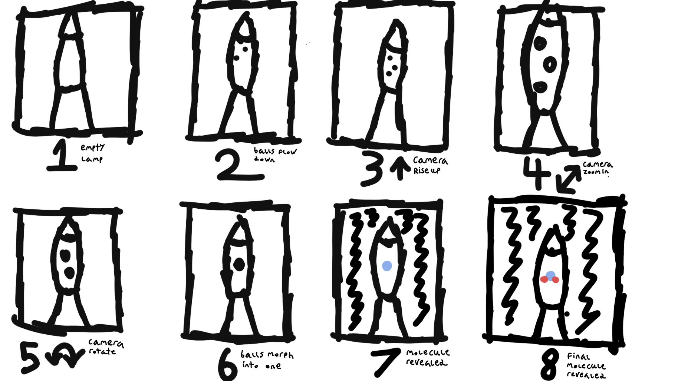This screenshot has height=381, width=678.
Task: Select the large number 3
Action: point(372,168)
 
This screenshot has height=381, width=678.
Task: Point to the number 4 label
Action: point(537,173)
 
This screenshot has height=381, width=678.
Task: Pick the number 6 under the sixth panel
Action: point(228,365)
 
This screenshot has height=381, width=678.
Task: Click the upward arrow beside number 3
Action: point(400,168)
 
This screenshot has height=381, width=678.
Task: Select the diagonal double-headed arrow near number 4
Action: point(569,179)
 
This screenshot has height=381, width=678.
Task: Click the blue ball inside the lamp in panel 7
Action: point(387,266)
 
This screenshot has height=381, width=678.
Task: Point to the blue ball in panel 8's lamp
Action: point(550,275)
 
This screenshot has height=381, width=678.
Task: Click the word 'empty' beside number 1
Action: point(93,148)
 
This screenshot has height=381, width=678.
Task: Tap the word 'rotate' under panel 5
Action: point(102,351)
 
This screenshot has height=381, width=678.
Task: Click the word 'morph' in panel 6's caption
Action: point(280,355)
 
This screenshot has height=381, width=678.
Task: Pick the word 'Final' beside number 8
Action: point(578,357)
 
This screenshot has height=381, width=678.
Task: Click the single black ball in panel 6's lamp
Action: point(239,265)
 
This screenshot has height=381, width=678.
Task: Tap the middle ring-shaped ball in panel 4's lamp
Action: point(550,64)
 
